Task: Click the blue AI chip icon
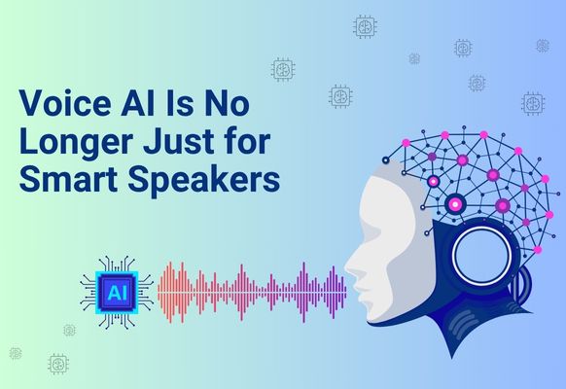coord(117,293)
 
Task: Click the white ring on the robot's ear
coord(482,229)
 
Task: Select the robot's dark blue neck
coord(466,321)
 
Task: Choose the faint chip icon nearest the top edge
coord(365,26)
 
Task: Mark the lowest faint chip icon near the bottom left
coord(58,364)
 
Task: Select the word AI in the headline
coord(138,103)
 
